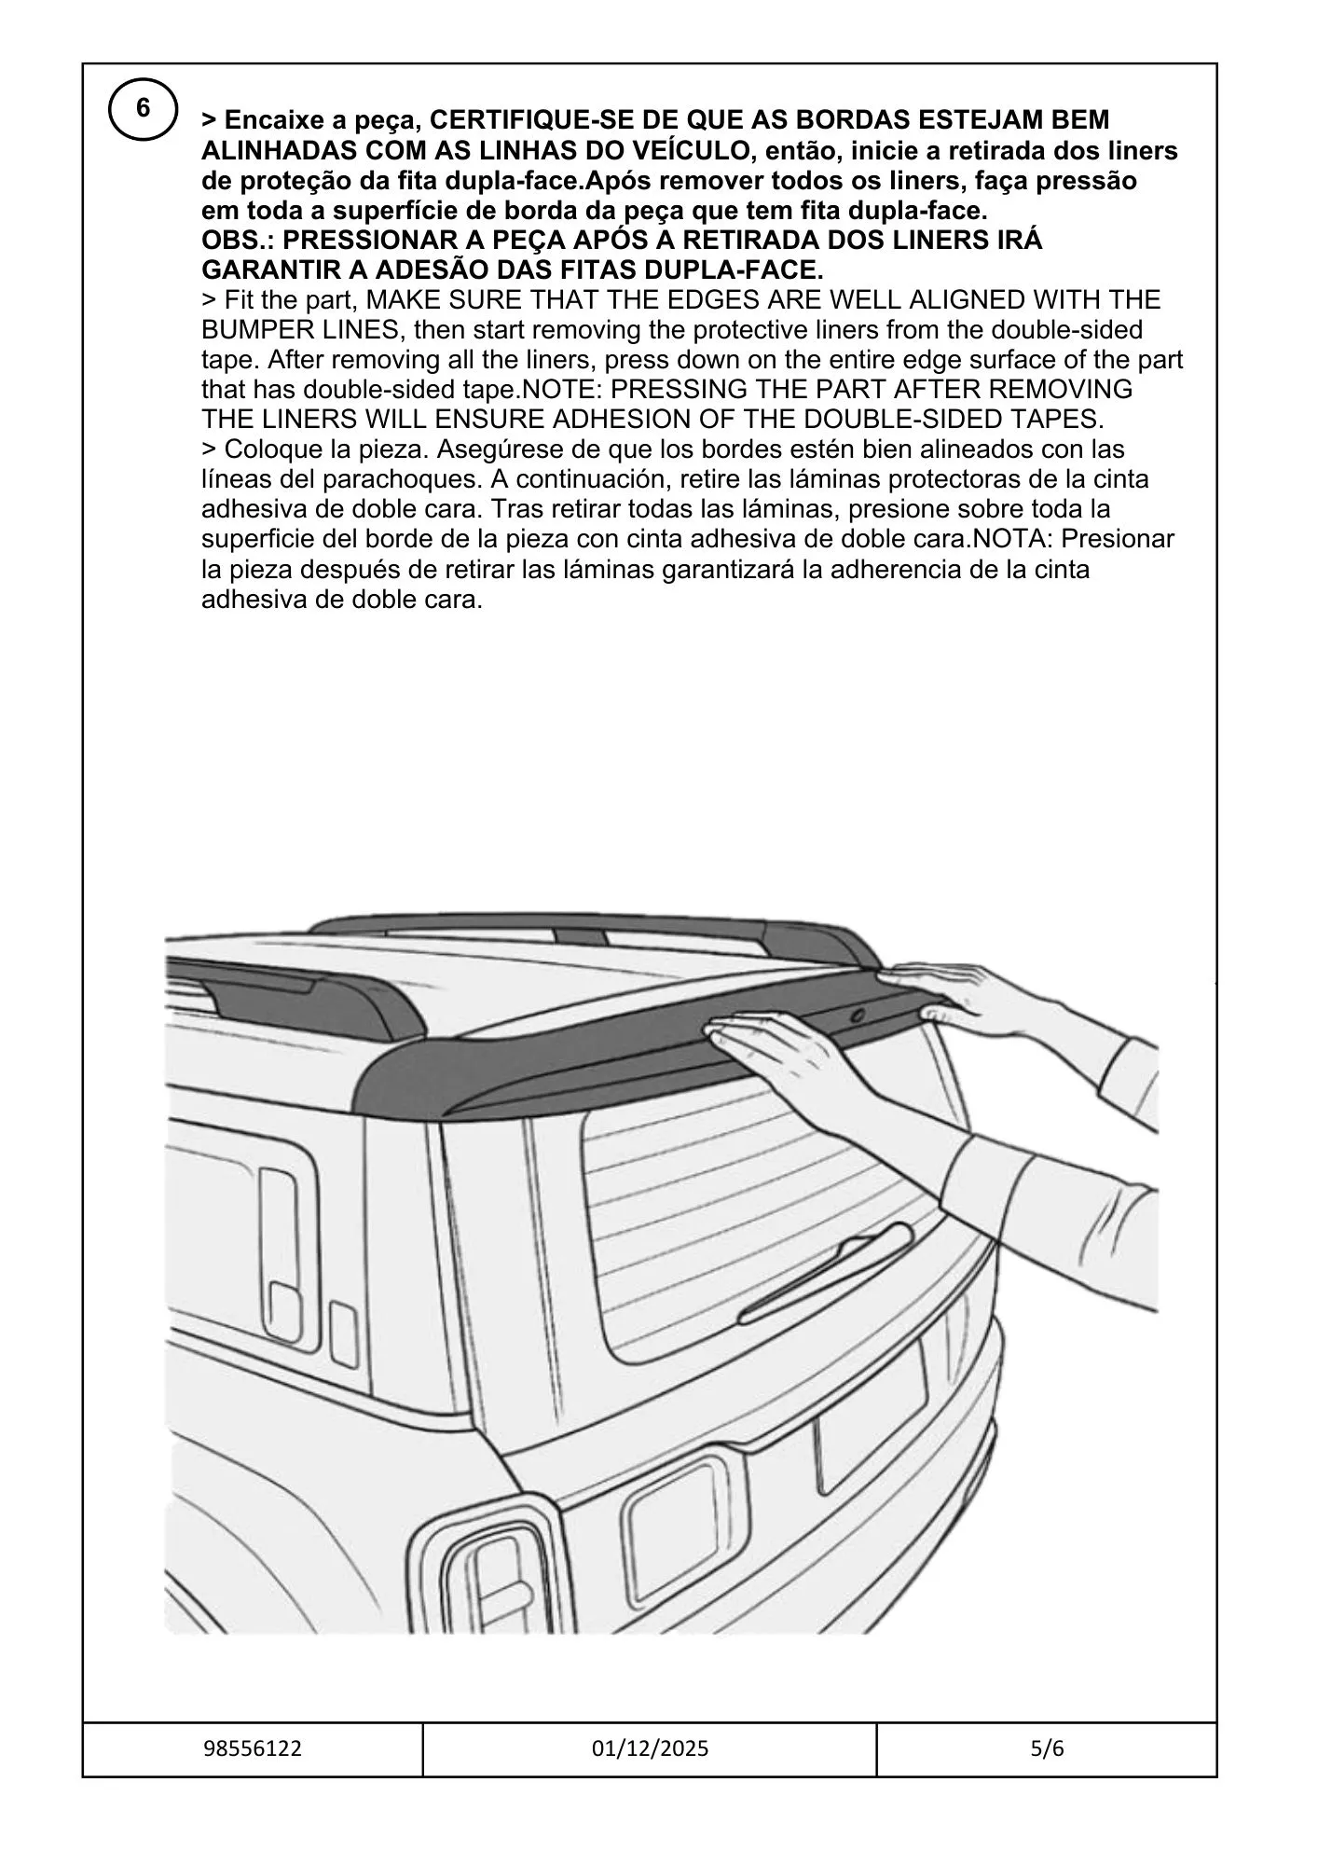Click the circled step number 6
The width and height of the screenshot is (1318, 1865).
[x=143, y=109]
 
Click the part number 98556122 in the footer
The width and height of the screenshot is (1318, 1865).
[x=253, y=1749]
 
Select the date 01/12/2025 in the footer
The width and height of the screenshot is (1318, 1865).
[x=650, y=1749]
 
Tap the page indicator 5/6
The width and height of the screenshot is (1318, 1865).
[x=1047, y=1749]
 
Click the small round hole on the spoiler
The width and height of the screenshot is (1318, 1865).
[x=856, y=1014]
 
